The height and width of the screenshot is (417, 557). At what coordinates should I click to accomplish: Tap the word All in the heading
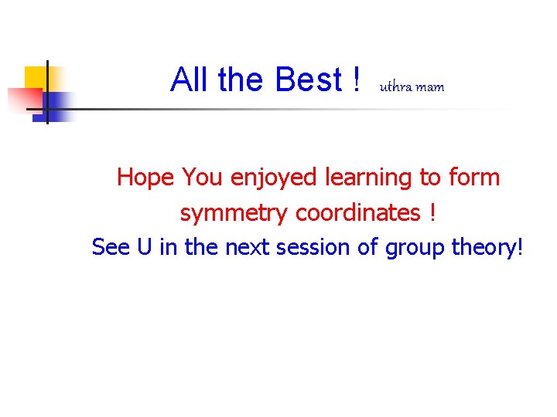click(x=191, y=80)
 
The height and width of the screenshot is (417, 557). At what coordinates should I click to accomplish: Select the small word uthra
click(x=395, y=86)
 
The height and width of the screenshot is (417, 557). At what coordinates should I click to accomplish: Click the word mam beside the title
click(x=430, y=87)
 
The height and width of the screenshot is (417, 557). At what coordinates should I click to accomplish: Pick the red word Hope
click(x=146, y=178)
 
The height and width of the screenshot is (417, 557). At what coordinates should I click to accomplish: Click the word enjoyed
click(x=274, y=178)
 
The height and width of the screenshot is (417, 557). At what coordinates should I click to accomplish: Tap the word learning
click(x=367, y=178)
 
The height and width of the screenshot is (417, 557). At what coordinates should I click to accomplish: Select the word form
click(x=473, y=178)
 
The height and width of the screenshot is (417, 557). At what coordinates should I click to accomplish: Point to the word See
click(x=111, y=247)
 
